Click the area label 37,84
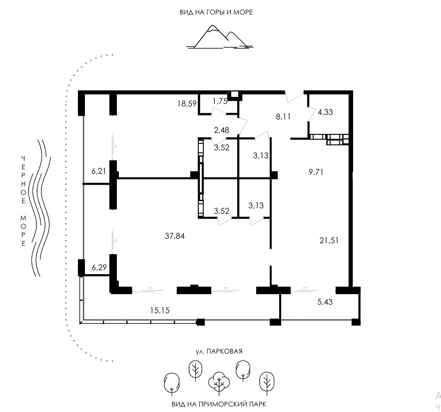tap(175, 236)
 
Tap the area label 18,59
tap(187, 104)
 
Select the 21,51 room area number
tap(329, 240)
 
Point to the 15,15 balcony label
tap(160, 311)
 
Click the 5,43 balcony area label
tap(325, 302)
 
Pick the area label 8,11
tap(283, 116)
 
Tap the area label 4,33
tap(325, 112)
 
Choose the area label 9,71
tap(316, 172)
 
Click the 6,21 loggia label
tap(98, 171)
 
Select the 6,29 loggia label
tap(99, 267)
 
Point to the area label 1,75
tap(220, 101)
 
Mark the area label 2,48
tap(222, 130)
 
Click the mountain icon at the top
tap(219, 36)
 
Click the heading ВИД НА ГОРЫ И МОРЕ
tap(216, 12)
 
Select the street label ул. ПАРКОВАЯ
tap(219, 351)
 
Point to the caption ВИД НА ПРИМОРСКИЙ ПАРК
tap(219, 405)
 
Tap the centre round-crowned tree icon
tap(219, 382)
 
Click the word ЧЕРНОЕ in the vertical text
tap(23, 179)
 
